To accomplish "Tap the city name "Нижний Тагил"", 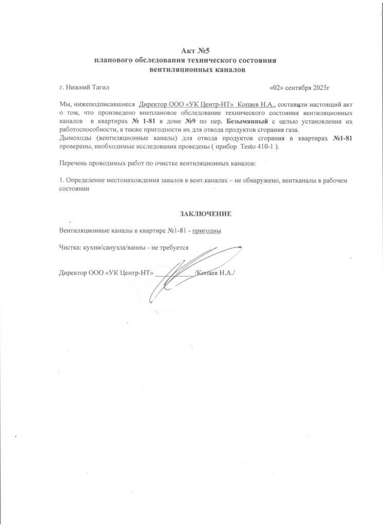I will tap(88, 88).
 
